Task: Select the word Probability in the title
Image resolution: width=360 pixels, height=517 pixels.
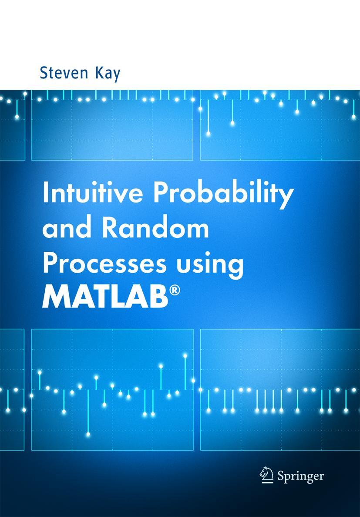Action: (x=224, y=195)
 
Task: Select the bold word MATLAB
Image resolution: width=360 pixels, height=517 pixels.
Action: (x=105, y=298)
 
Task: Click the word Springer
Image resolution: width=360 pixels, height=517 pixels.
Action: (x=300, y=476)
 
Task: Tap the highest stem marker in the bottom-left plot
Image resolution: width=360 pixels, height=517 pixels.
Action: (x=185, y=356)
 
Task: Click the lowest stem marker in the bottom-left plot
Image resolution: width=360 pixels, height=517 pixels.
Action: (x=88, y=434)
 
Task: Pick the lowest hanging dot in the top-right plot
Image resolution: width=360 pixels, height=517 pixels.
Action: (x=209, y=133)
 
